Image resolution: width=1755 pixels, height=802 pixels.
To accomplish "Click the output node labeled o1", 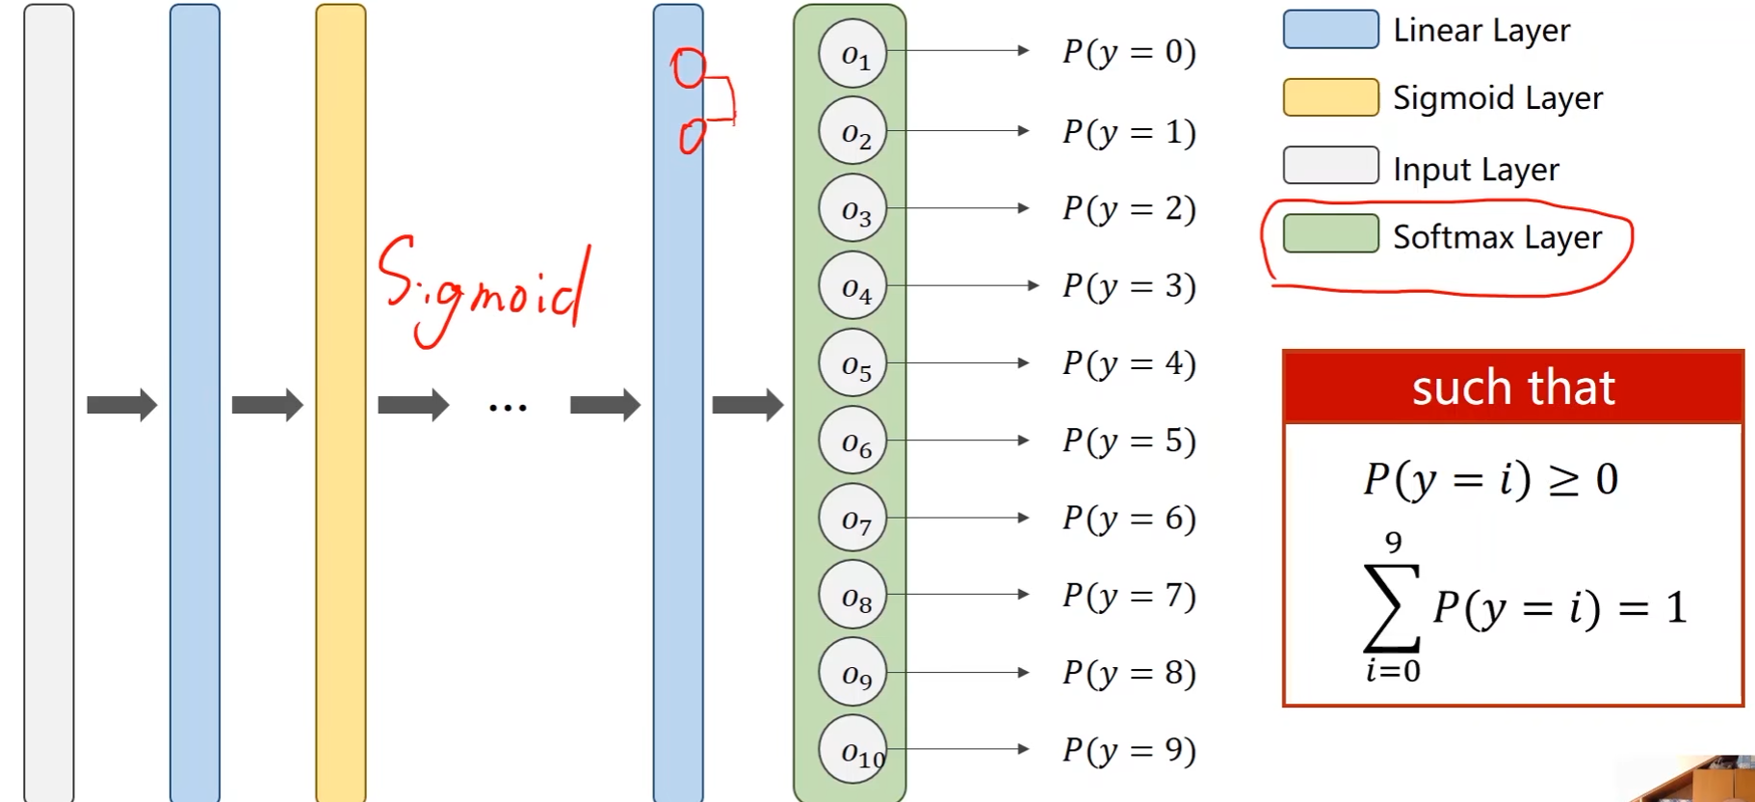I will (852, 54).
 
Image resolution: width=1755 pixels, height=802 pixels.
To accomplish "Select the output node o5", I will (852, 364).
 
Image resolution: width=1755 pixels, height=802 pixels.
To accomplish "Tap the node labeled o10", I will (852, 750).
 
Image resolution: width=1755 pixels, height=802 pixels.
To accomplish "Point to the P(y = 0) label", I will (1129, 52).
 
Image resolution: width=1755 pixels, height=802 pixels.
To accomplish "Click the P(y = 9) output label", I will (1129, 750).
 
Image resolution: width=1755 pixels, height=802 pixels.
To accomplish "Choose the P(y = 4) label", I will (1129, 363).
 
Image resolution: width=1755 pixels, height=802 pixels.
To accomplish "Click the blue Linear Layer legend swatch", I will (1330, 30).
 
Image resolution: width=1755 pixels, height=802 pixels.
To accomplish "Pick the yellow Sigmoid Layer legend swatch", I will (1330, 97).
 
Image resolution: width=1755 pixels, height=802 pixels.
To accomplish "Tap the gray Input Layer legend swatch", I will (1330, 166).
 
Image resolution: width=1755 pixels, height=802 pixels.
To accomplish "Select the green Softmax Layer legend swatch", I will (1330, 234).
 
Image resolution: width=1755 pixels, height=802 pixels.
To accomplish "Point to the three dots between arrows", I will (508, 408).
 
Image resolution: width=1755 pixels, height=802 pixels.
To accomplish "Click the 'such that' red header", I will (1512, 388).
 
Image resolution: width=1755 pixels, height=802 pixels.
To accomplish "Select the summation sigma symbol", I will (1392, 607).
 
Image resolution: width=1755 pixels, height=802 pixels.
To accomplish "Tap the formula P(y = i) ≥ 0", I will (1490, 479).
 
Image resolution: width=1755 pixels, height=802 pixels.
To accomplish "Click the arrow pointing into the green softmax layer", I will (747, 405).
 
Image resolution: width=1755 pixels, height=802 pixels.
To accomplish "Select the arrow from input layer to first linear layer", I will (121, 405).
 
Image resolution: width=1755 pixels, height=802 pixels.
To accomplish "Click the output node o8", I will (852, 596).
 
